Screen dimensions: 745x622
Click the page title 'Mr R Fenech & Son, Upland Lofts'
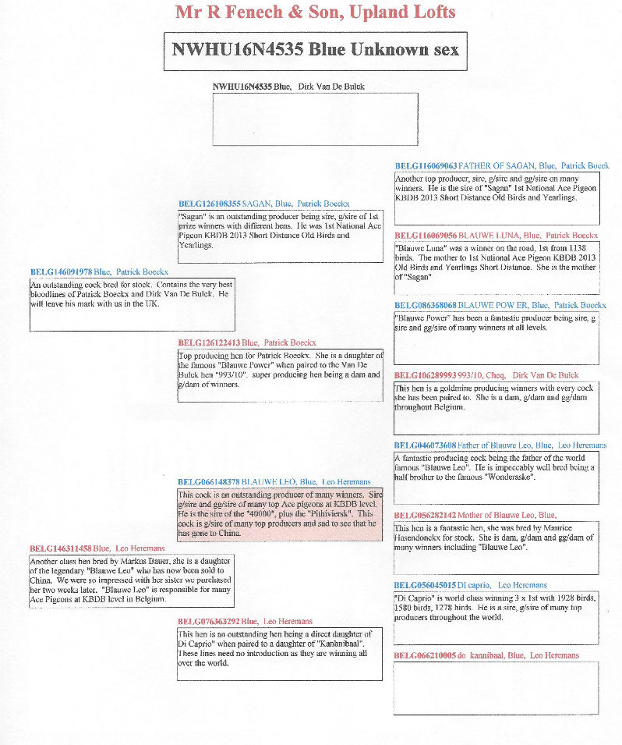tap(315, 12)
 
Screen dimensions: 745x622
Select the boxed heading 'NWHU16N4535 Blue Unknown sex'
tap(315, 50)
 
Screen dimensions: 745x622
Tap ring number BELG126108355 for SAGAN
tap(210, 204)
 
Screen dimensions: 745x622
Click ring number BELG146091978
tap(61, 272)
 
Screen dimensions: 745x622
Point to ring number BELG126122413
tap(209, 342)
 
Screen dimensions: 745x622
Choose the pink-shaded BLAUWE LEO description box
tap(280, 515)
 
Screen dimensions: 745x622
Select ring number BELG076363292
tap(209, 621)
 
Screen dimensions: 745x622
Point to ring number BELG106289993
tap(426, 375)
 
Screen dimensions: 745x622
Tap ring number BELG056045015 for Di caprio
tap(425, 585)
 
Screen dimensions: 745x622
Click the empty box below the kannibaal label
tap(496, 689)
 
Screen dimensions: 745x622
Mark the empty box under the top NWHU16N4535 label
tap(315, 119)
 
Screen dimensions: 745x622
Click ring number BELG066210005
tap(425, 655)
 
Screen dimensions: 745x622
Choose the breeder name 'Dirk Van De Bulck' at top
tap(331, 87)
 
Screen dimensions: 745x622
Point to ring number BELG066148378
tap(209, 482)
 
